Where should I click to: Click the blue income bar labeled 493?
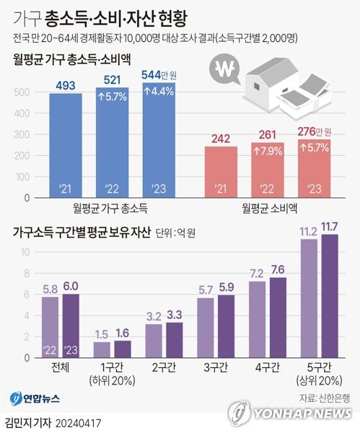(x=66, y=144)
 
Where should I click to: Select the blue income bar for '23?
(x=159, y=141)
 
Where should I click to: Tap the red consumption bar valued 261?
(x=266, y=170)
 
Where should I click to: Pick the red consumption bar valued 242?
(x=221, y=172)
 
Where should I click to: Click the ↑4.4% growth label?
(x=159, y=92)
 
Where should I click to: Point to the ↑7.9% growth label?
(x=267, y=151)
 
